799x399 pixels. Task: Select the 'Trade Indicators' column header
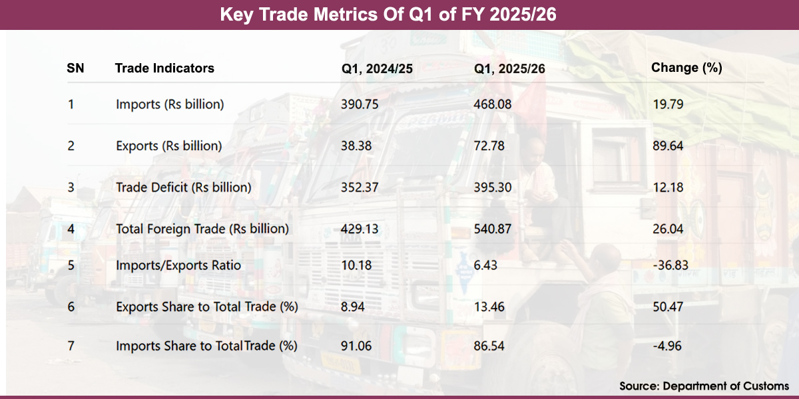(x=164, y=68)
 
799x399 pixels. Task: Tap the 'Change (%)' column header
(x=686, y=67)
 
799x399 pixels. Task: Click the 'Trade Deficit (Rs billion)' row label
(x=183, y=188)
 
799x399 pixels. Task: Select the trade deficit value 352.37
(x=360, y=188)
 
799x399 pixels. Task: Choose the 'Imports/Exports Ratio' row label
(x=178, y=265)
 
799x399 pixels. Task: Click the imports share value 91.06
(x=356, y=346)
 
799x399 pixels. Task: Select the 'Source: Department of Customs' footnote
(x=704, y=386)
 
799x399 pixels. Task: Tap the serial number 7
(x=71, y=346)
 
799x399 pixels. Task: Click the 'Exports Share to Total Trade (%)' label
(x=206, y=307)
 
